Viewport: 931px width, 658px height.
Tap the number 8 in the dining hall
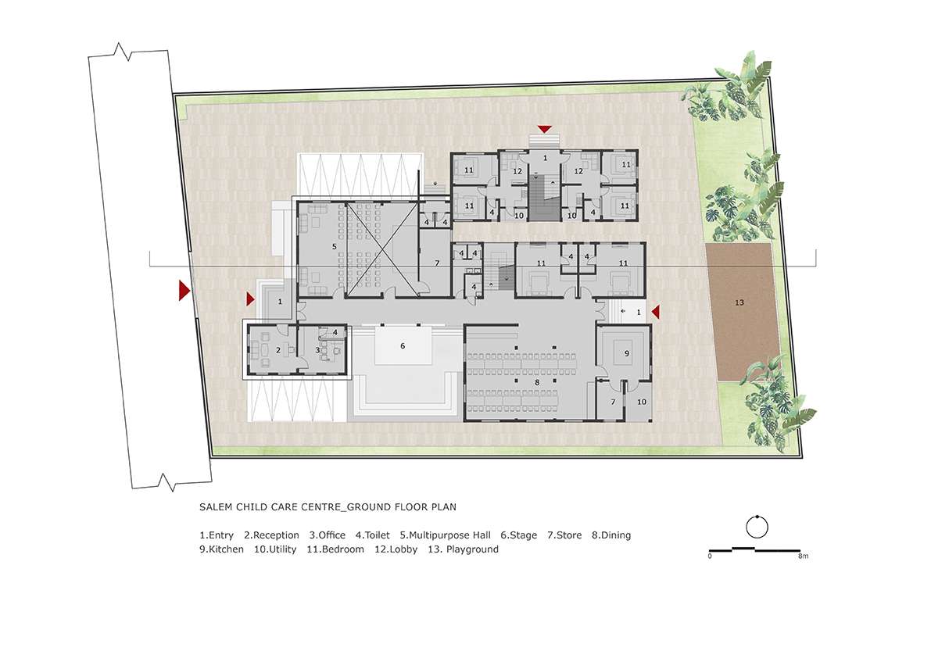[537, 383]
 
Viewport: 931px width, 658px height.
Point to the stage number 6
[403, 346]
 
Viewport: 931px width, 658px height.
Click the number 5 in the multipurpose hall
[335, 246]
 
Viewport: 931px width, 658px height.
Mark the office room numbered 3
[321, 349]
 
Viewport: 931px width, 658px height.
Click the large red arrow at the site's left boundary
[184, 290]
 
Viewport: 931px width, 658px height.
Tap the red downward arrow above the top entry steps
[545, 129]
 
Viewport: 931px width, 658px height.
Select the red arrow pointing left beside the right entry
[656, 312]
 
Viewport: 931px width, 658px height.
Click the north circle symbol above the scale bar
[757, 527]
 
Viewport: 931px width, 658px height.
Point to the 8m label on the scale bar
[803, 556]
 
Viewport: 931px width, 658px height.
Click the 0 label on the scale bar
[710, 556]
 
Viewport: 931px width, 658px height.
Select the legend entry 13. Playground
[463, 549]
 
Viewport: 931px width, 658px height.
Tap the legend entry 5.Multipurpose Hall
[446, 535]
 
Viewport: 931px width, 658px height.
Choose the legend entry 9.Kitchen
[221, 549]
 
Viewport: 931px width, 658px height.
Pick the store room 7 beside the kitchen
[612, 401]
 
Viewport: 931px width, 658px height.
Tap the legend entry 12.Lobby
[396, 549]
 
